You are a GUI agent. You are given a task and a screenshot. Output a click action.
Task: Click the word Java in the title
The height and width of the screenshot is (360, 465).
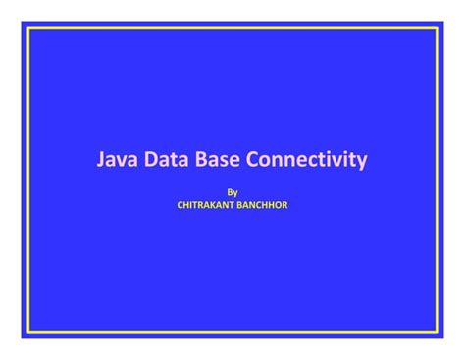[x=117, y=159]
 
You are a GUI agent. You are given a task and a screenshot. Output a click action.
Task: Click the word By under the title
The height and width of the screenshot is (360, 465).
[x=232, y=193]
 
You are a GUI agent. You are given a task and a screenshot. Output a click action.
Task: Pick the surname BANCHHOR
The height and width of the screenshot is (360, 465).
[x=264, y=207]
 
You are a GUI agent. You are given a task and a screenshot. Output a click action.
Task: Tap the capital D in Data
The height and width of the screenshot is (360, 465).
[x=154, y=159]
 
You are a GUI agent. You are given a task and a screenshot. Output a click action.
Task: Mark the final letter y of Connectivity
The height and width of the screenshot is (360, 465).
[x=362, y=162]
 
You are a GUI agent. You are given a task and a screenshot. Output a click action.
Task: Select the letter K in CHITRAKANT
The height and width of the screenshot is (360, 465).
[x=215, y=207]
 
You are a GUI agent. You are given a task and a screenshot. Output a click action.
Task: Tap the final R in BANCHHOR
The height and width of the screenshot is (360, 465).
[x=284, y=207]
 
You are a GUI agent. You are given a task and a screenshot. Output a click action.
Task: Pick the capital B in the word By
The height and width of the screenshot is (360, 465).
[x=230, y=193]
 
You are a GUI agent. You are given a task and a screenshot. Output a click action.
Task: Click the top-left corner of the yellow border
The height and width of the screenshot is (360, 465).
[x=28, y=28]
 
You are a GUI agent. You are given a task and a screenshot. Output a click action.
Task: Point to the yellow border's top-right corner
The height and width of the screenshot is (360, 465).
[x=437, y=28]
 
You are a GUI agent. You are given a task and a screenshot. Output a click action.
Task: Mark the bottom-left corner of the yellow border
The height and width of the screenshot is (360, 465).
[x=28, y=332]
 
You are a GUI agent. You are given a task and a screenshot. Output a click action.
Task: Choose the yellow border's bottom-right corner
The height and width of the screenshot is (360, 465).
[x=437, y=332]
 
